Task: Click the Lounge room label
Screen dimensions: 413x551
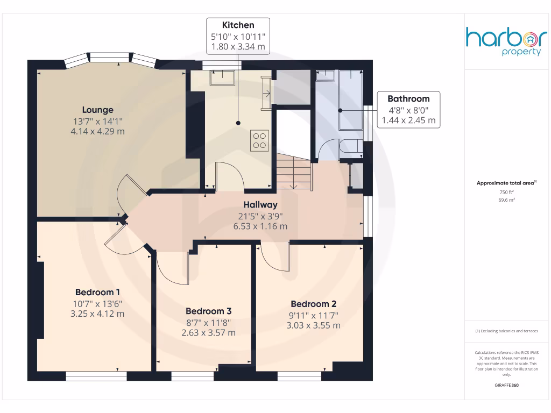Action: click(97, 110)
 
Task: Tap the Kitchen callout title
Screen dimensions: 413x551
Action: click(238, 25)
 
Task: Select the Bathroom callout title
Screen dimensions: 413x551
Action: click(408, 98)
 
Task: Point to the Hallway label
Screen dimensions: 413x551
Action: click(260, 204)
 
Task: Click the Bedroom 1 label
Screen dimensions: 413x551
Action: click(97, 292)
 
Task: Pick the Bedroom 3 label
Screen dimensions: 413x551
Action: click(208, 311)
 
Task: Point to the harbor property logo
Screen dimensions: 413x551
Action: click(506, 42)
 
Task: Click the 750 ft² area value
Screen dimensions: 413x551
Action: click(506, 192)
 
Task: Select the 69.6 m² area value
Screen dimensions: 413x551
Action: click(506, 200)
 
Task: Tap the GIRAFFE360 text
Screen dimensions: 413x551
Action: click(506, 386)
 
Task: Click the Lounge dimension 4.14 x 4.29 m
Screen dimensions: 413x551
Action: click(97, 131)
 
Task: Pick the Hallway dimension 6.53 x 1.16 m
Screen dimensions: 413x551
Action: click(260, 226)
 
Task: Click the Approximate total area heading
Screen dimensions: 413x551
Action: click(506, 183)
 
